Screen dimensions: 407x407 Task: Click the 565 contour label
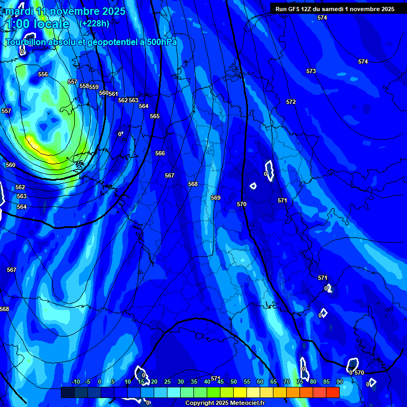pos(155,116)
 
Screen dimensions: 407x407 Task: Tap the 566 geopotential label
pos(160,153)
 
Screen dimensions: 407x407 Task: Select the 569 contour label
pos(216,198)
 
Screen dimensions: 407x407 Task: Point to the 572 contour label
pos(291,102)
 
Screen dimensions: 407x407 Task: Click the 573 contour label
pos(311,71)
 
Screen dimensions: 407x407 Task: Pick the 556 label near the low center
pos(43,74)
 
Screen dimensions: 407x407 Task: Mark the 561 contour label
pos(113,94)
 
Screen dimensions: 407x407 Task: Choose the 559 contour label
pos(94,87)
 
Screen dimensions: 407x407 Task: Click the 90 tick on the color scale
pos(339,382)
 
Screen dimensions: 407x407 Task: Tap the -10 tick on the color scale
pos(75,382)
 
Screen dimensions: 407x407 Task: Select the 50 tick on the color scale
pos(234,382)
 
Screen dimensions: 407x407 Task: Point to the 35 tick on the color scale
pos(194,382)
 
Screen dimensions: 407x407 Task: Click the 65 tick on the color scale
pos(273,382)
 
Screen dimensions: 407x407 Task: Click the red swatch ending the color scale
pos(333,392)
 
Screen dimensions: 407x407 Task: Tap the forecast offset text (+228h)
pos(94,23)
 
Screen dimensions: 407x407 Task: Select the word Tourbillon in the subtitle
pos(26,42)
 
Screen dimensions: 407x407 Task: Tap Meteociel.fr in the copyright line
pos(244,403)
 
